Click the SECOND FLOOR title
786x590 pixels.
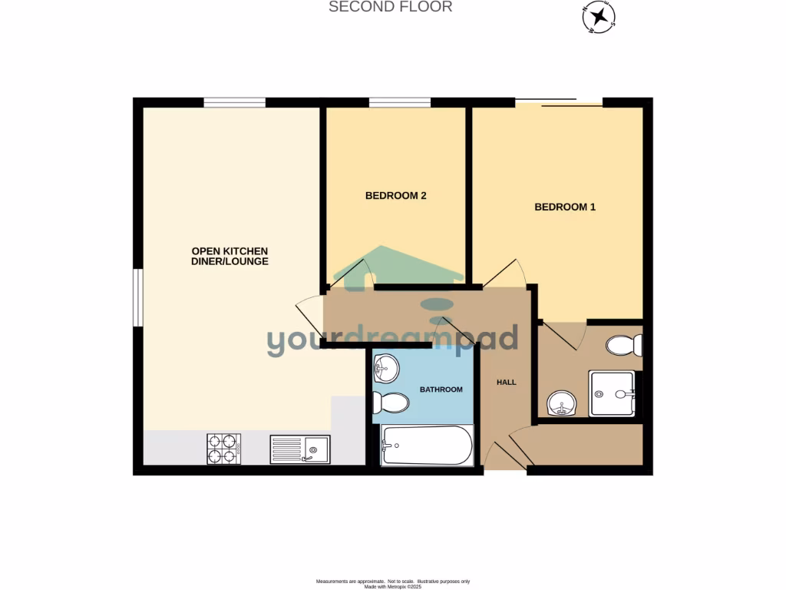pos(390,7)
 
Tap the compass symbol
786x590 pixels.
pos(598,16)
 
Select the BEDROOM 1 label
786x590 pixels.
pos(565,207)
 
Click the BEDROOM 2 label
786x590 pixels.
pos(395,196)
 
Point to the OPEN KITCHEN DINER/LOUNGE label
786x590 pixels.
pos(230,256)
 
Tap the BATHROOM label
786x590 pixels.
pos(441,389)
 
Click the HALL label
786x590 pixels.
pos(506,382)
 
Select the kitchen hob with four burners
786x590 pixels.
pos(223,449)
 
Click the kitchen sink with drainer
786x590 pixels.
pos(299,449)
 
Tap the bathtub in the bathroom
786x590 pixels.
pos(427,446)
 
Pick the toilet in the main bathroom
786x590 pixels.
pos(391,402)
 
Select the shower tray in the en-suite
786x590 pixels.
pos(612,394)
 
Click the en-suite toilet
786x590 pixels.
pos(624,346)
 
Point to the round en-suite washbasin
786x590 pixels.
pos(562,403)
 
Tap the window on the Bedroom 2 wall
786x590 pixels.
pos(399,102)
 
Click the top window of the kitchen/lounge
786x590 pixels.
pos(234,102)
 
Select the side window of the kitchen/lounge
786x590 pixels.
pos(137,297)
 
